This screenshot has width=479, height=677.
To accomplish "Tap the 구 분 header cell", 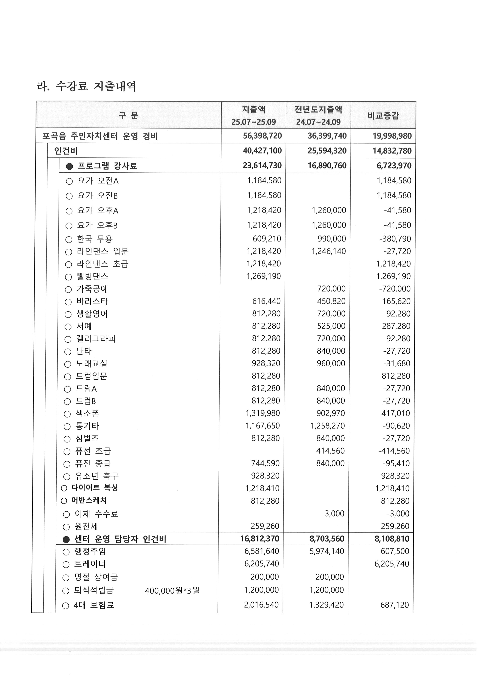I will tap(129, 115).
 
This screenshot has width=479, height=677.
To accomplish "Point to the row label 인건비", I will tap(65, 151).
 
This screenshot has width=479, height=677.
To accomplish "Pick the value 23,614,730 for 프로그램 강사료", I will tap(262, 166).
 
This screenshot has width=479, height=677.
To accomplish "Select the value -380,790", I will tap(395, 239).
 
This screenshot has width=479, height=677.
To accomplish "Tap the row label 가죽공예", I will tap(92, 289).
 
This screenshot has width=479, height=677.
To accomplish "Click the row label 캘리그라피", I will tap(96, 339).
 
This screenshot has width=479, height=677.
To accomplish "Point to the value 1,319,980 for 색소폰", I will tap(262, 413).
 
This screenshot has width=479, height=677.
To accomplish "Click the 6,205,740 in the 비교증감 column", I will tap(392, 564).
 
